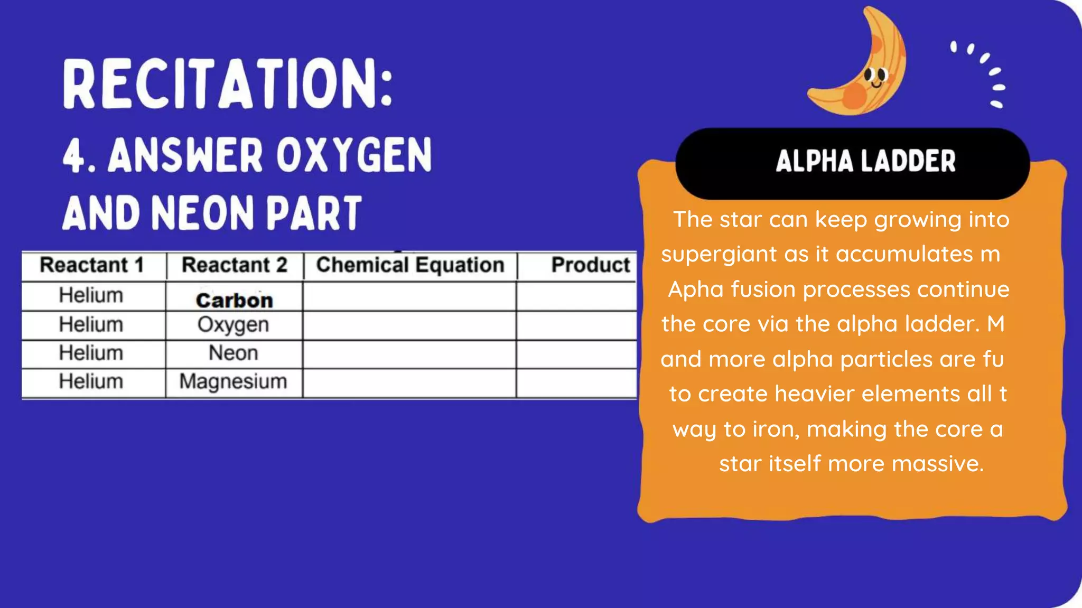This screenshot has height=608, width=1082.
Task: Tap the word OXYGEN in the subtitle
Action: (354, 155)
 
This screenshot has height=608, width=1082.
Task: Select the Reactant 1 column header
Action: (92, 265)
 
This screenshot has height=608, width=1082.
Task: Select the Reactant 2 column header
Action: (235, 265)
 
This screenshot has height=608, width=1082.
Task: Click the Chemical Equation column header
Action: (410, 265)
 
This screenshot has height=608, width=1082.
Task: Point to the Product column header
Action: (590, 265)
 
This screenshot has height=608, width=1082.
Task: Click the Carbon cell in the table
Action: (235, 300)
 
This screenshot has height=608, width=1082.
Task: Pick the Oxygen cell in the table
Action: (234, 325)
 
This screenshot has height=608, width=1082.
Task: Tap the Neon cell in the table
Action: (234, 353)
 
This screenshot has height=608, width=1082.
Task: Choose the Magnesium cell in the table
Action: (234, 381)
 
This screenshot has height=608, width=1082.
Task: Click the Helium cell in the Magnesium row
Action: (91, 381)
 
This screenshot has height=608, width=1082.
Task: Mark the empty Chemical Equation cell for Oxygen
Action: (409, 325)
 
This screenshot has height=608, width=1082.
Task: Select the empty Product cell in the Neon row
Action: (576, 354)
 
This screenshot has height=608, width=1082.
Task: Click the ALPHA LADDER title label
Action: (865, 162)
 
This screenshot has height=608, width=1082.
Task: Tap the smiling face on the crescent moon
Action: (875, 77)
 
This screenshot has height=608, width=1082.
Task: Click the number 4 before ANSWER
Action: (73, 156)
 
